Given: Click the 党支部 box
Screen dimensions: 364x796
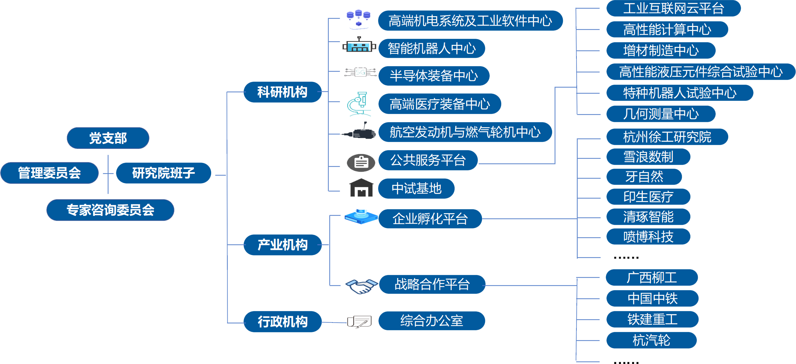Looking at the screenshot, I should point(108,138).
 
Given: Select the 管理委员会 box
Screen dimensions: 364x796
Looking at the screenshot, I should point(50,173).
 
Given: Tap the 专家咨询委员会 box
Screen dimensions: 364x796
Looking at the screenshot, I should point(110,210).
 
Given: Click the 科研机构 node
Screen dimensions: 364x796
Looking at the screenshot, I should point(282,92).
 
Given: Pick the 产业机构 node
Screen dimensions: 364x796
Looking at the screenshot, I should point(282,245).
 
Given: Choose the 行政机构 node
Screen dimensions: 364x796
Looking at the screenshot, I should point(282,321).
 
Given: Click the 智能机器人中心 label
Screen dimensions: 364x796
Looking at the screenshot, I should point(432,49).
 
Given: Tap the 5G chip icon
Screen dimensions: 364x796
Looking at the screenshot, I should point(361,72).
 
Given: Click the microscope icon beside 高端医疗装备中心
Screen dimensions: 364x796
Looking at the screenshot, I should point(359,104).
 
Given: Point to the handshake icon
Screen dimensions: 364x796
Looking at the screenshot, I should point(361,286).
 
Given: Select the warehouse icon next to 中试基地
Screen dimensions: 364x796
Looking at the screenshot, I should point(361,188).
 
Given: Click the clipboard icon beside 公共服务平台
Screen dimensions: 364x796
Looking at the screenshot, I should point(361,163).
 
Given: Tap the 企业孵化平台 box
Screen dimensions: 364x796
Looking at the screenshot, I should point(430,219).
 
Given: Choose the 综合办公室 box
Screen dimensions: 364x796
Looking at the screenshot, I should point(432,321).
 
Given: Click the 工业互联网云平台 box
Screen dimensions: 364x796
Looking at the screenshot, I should point(673,8).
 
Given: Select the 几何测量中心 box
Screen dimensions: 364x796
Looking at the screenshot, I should point(661,114).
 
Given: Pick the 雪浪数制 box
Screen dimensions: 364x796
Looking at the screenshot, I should point(648,157).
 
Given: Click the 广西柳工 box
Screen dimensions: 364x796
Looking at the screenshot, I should point(652,278).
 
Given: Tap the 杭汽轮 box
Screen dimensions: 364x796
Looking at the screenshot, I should point(651,340).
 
